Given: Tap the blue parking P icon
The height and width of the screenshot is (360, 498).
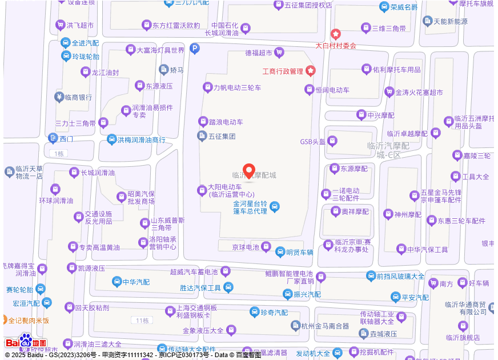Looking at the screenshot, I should [195, 50].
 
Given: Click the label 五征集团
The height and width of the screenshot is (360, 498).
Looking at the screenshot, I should [222, 137].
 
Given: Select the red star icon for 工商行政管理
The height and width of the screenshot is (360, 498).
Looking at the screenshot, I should [311, 71].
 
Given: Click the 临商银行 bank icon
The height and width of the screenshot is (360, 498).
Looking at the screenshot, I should [59, 97].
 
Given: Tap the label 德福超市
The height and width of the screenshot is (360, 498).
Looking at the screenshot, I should [259, 53].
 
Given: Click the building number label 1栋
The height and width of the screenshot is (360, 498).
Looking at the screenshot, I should [57, 154].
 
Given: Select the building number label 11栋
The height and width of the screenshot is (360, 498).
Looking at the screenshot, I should [139, 319].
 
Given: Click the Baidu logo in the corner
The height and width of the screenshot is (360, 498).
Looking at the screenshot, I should [26, 342].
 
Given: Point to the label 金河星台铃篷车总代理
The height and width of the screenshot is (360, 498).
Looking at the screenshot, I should [250, 207].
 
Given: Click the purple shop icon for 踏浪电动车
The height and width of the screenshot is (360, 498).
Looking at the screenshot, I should [203, 121].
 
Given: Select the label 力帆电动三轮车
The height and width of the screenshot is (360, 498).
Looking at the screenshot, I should [237, 87].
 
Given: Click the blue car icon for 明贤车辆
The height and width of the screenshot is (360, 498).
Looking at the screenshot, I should [280, 251].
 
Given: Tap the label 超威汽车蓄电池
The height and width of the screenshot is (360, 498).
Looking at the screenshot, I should [194, 271].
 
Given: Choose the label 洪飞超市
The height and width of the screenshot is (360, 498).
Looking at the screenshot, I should [80, 25].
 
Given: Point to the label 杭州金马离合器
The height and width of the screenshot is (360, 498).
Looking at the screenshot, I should [325, 326].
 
